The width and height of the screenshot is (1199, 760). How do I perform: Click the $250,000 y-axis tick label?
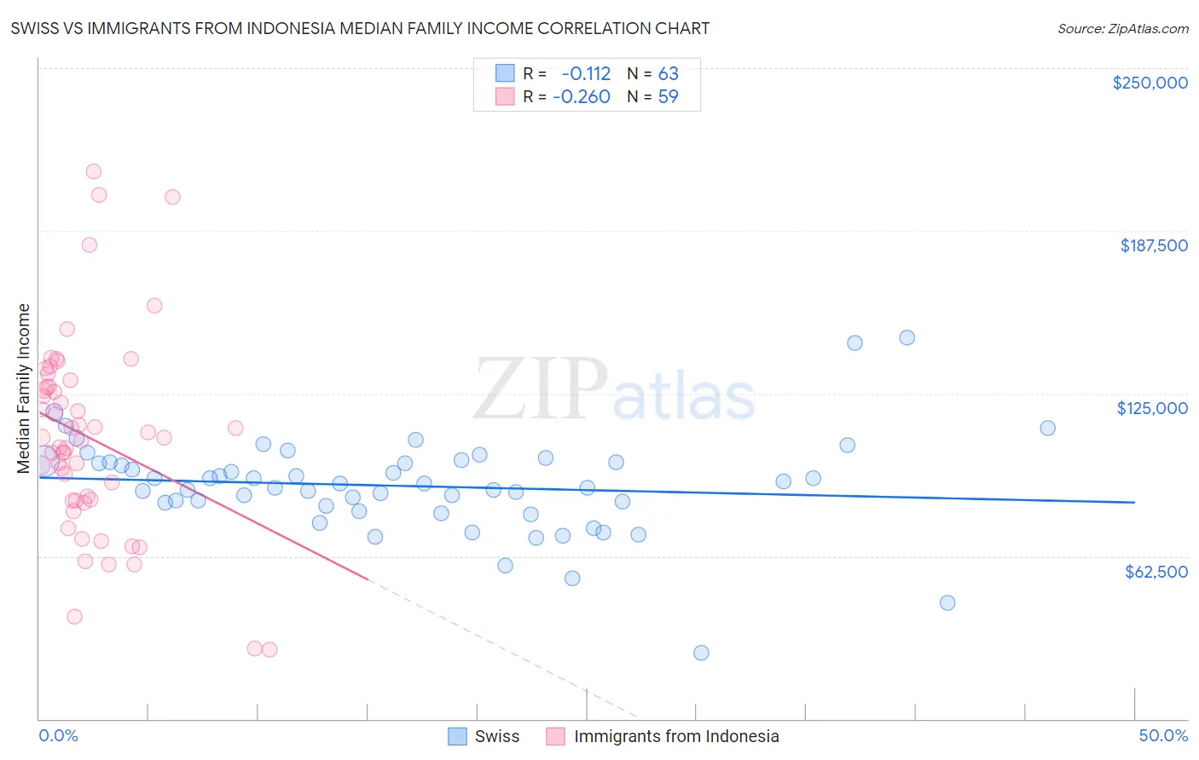[x=1150, y=83]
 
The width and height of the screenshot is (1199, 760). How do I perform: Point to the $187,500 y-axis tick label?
[x=1153, y=245]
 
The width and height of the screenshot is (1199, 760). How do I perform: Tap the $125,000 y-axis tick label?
[x=1152, y=408]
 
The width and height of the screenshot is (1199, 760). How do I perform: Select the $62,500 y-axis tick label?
[x=1156, y=572]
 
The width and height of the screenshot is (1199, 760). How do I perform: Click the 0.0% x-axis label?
[x=58, y=735]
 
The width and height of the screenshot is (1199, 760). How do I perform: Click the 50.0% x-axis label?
[x=1163, y=735]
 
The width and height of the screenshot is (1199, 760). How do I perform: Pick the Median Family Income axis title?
[x=24, y=389]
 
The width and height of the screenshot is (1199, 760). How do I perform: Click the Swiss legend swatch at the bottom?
[x=458, y=736]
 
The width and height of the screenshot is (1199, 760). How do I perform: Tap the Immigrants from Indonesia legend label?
[x=676, y=736]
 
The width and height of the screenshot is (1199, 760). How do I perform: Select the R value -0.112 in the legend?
[x=586, y=73]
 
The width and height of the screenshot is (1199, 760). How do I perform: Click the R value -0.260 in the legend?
[x=582, y=96]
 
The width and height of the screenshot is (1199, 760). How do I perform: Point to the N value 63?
[x=668, y=73]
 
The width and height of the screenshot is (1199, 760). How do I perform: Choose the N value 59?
[x=668, y=96]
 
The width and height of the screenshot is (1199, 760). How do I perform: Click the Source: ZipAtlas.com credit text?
[x=1122, y=28]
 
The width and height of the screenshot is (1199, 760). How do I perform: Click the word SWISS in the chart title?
[x=37, y=28]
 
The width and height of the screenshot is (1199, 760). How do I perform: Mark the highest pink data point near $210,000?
[x=94, y=171]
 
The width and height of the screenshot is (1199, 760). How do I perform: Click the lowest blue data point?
[x=701, y=653]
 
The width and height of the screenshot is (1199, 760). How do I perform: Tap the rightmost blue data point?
[x=1048, y=428]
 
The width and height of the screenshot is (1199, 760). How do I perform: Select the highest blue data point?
[x=907, y=337]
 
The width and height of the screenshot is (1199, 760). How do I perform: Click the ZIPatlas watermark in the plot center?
[x=614, y=389]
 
